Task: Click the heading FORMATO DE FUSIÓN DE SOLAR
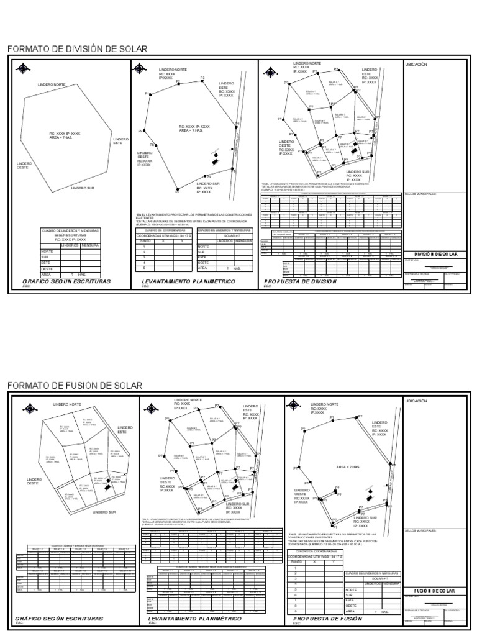coord(74,386)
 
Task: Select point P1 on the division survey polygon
coord(150,94)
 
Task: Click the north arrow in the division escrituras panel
coord(23,68)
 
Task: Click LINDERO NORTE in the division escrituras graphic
coord(52,84)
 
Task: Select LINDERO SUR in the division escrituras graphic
coord(83,188)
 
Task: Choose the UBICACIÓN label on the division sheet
coord(416,64)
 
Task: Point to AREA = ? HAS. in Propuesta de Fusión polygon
coord(350,465)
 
